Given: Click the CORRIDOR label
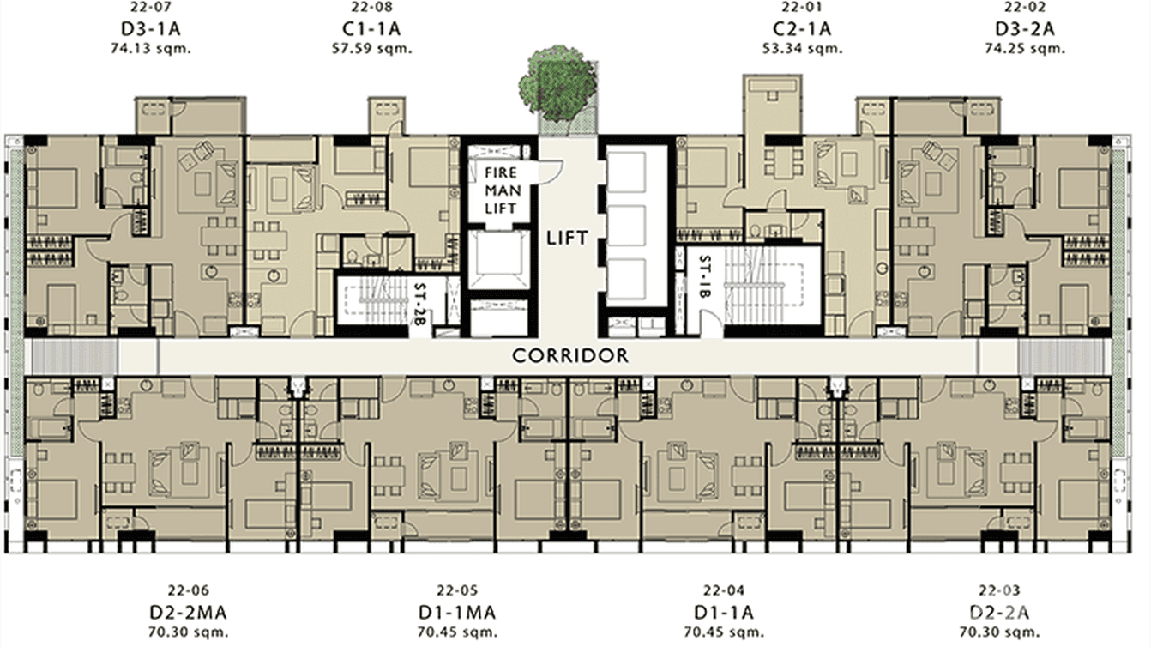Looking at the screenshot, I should (570, 355).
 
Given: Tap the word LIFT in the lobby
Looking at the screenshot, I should (568, 238).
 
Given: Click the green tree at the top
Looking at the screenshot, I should (557, 83).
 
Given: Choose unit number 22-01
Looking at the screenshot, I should (796, 9).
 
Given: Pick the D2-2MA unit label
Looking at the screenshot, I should (189, 612).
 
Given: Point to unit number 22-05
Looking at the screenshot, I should (456, 590).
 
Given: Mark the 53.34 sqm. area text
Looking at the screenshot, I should (796, 48).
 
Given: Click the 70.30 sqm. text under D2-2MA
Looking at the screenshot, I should (189, 632).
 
